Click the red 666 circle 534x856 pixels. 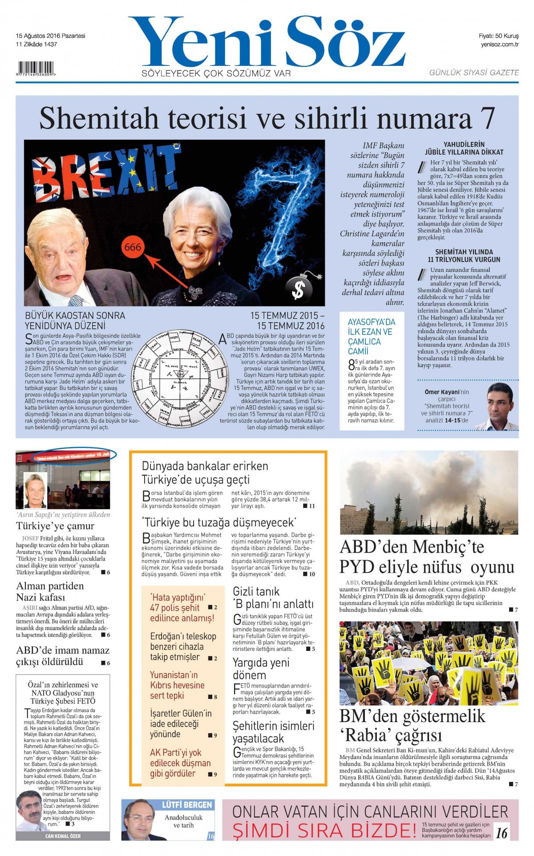[133, 247]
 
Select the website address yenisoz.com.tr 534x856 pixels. [499, 44]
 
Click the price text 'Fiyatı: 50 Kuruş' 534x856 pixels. [498, 36]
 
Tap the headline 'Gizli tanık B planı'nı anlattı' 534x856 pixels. [273, 598]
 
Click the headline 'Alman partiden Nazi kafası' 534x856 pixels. [50, 591]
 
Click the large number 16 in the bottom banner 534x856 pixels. [502, 833]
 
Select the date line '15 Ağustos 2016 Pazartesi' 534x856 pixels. [50, 36]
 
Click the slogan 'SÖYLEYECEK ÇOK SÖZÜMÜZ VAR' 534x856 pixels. [216, 73]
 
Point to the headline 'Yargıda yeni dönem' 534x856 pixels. [261, 668]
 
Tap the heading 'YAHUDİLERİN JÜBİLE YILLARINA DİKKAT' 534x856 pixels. [464, 148]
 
